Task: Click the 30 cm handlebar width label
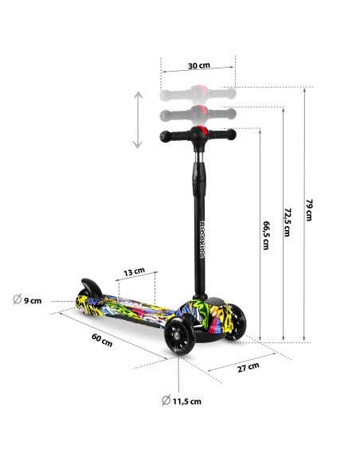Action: pyautogui.click(x=199, y=65)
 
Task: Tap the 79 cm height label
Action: pyautogui.click(x=309, y=209)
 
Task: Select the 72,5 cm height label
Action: pyautogui.click(x=287, y=222)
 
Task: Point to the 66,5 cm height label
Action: pyautogui.click(x=266, y=235)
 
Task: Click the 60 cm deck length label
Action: pyautogui.click(x=102, y=340)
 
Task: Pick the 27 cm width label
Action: pyautogui.click(x=248, y=367)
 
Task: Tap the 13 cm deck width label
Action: pyautogui.click(x=134, y=272)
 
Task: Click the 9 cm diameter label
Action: pyautogui.click(x=27, y=300)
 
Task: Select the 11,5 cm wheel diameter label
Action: pyautogui.click(x=182, y=401)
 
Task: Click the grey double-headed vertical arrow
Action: pyautogui.click(x=138, y=119)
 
